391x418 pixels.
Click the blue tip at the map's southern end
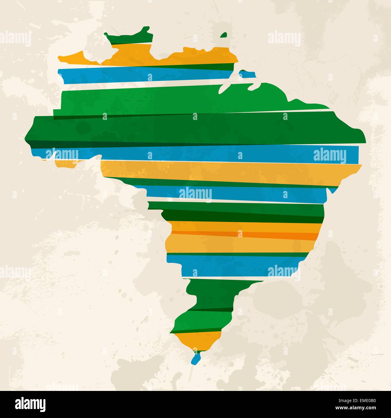tap(196, 359)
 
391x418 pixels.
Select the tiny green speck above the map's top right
tap(224, 35)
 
